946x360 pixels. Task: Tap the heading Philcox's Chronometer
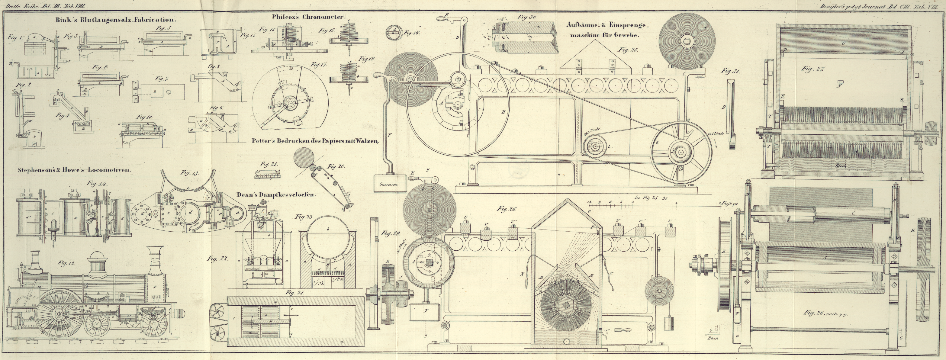click(308, 17)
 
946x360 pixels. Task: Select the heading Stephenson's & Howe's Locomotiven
click(75, 170)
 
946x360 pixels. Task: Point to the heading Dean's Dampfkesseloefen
click(276, 195)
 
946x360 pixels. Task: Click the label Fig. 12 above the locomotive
click(66, 263)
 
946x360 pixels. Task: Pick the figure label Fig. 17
click(318, 65)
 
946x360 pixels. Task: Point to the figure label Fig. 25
click(628, 50)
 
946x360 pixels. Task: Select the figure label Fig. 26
click(507, 209)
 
